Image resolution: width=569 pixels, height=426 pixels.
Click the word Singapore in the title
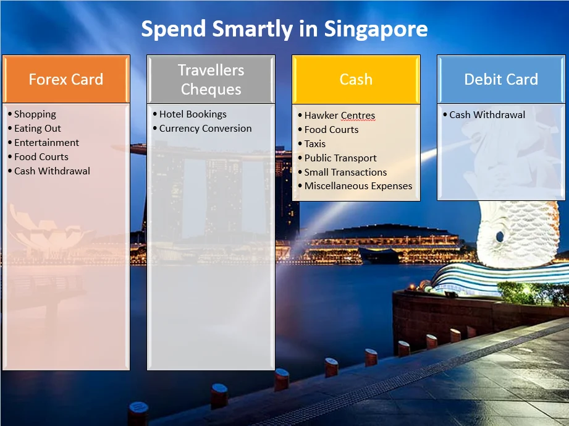click(x=376, y=30)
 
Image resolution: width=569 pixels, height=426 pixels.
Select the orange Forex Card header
click(x=66, y=79)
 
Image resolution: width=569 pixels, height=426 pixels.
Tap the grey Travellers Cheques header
click(x=211, y=79)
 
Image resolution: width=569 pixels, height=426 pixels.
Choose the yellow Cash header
click(x=356, y=79)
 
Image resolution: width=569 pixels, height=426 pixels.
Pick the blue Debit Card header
click(x=501, y=79)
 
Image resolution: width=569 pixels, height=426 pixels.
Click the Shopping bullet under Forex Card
click(x=35, y=114)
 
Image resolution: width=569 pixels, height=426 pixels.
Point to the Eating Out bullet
click(x=37, y=129)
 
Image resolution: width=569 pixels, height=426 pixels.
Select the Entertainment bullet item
click(x=46, y=143)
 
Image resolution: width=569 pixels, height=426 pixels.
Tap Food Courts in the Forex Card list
click(x=41, y=157)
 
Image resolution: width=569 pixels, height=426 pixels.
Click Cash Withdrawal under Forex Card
click(x=52, y=171)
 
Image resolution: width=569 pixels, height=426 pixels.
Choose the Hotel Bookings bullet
click(x=193, y=114)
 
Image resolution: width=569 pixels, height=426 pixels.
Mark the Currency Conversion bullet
click(x=205, y=129)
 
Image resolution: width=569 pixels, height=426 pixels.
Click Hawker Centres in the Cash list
click(x=340, y=116)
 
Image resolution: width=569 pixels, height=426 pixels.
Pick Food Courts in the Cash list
click(x=331, y=130)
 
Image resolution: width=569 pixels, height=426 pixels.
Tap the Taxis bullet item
click(x=315, y=144)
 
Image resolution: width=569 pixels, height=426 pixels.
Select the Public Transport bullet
click(x=340, y=158)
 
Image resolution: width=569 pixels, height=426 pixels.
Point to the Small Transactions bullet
click(x=345, y=172)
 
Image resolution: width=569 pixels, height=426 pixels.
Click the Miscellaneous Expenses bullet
click(x=358, y=186)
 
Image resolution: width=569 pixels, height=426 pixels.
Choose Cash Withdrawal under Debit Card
click(x=487, y=115)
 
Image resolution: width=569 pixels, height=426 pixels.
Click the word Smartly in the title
click(x=253, y=30)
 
